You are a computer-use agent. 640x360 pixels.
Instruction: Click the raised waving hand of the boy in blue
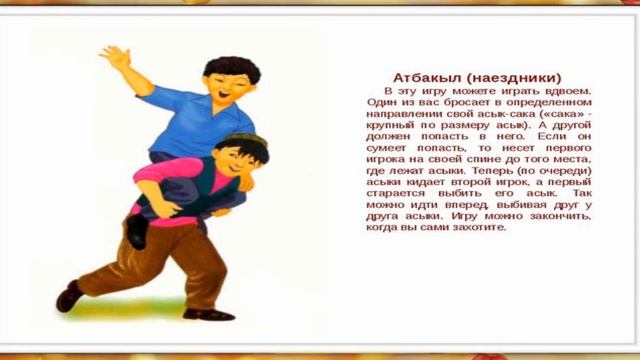[x=113, y=59]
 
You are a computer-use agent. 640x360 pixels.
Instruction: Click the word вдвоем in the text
[x=570, y=89]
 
